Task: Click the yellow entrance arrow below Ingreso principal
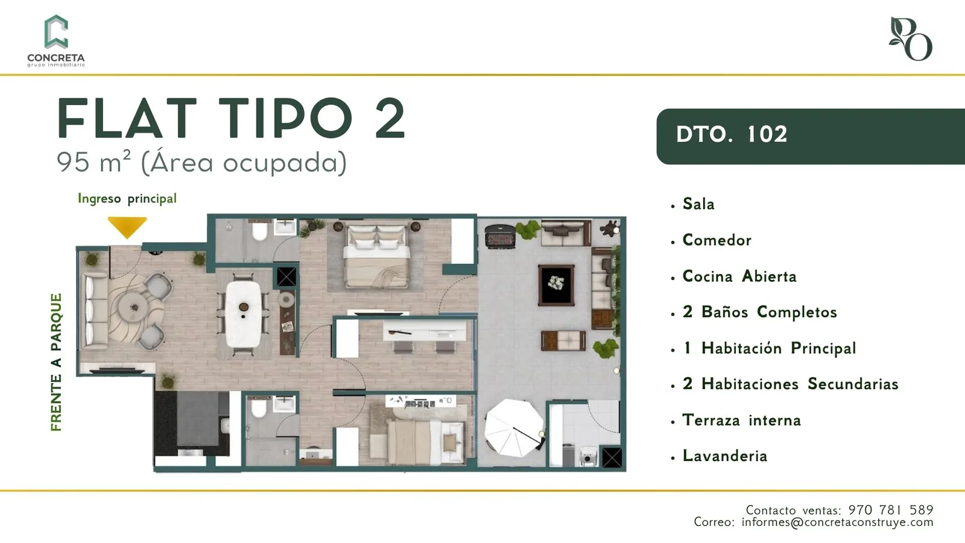pos(127,226)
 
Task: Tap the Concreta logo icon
pos(56,31)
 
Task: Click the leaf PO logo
pos(910,39)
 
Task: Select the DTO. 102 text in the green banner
pos(732,135)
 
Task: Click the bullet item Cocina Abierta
pos(739,276)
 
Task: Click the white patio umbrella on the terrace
pos(514,428)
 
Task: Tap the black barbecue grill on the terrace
pos(500,236)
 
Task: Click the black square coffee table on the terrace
pos(556,285)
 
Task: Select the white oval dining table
pos(244,314)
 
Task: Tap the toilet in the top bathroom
pos(260,230)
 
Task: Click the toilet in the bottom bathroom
pos(259,408)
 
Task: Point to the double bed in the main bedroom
pos(377,256)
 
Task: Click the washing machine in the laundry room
pos(589,457)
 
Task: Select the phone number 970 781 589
pos(891,510)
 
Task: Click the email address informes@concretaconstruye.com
pos(838,522)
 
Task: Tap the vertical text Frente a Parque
pos(57,363)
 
